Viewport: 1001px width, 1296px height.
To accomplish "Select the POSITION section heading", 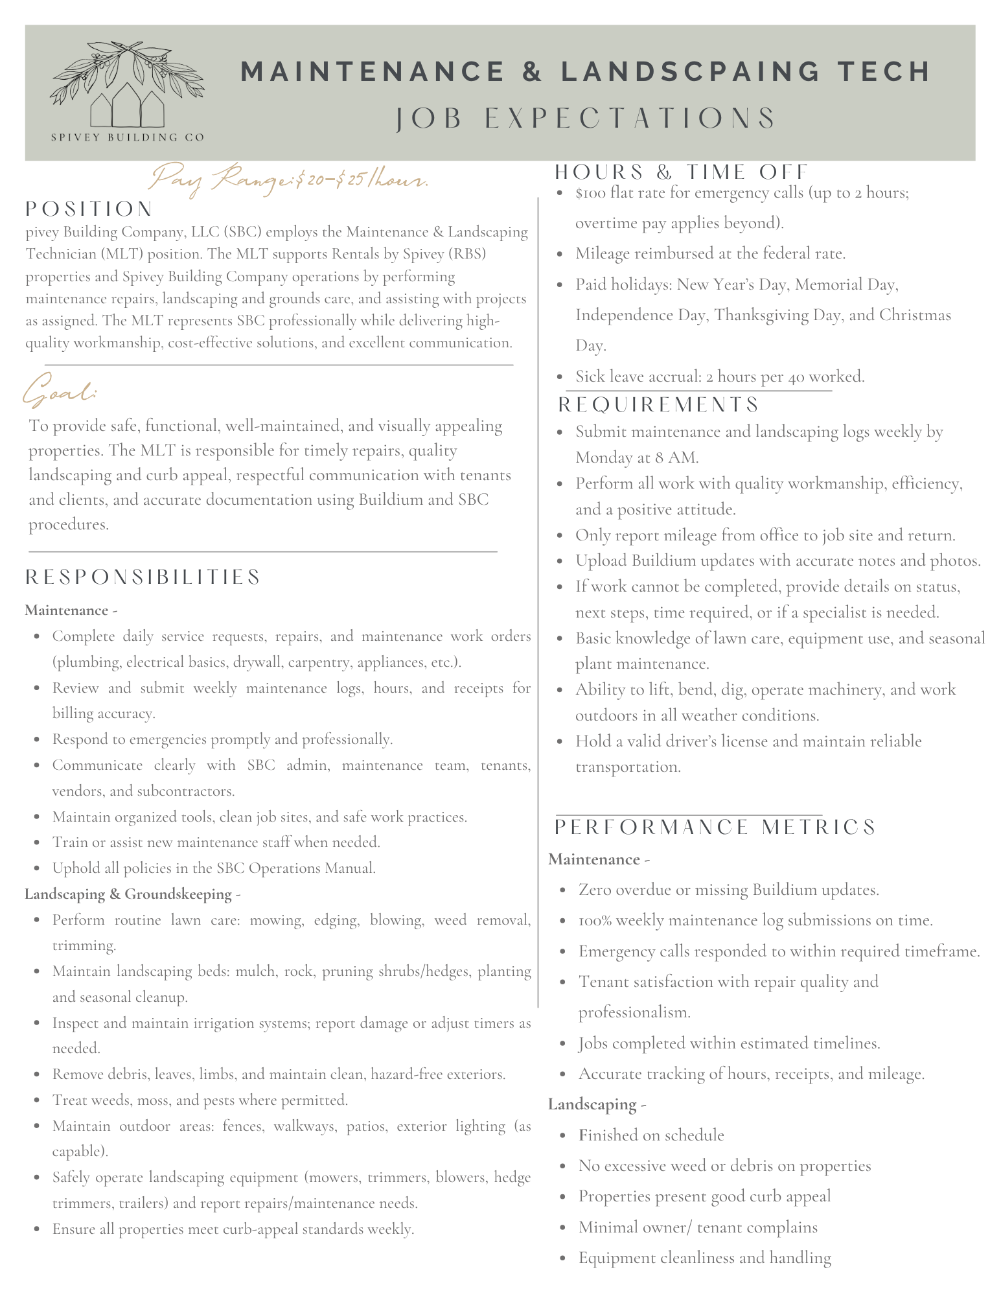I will [89, 209].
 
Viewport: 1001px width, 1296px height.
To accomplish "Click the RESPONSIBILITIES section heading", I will [143, 577].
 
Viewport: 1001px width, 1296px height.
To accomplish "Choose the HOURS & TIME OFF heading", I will [682, 172].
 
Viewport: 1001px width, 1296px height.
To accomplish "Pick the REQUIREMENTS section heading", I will [658, 404].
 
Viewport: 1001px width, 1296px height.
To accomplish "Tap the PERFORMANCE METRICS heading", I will [715, 827].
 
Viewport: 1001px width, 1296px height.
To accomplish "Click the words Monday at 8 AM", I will [637, 457].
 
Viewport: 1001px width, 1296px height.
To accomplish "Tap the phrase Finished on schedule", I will [650, 1135].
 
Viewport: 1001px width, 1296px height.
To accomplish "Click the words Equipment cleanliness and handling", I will [704, 1258].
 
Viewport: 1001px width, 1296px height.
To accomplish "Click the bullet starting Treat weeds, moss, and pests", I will [200, 1100].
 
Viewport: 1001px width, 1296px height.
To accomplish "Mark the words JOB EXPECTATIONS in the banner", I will [586, 119].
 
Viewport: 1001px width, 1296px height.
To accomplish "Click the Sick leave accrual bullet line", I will [719, 376].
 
